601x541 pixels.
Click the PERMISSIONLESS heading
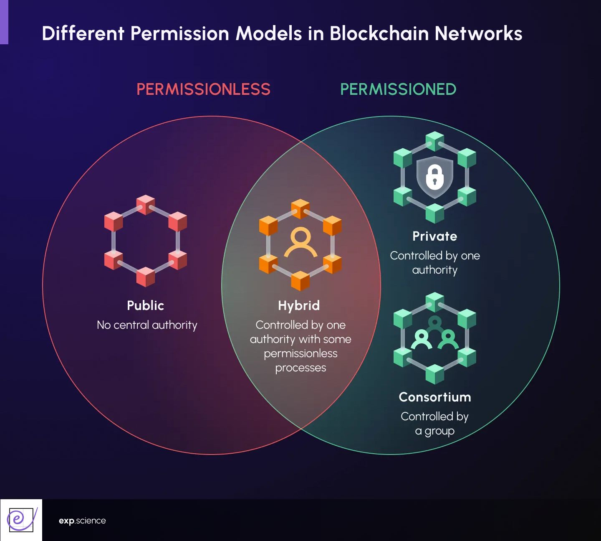(203, 89)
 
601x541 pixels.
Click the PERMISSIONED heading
(398, 89)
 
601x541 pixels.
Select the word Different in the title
(83, 33)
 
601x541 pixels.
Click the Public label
(145, 305)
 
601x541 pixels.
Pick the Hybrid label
(299, 305)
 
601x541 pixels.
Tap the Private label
(434, 236)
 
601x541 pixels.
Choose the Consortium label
(434, 397)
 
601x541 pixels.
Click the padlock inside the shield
(434, 177)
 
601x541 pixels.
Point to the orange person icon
(300, 242)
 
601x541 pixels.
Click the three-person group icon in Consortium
(434, 334)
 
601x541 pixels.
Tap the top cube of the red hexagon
(146, 204)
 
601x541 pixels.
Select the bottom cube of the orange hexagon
(300, 281)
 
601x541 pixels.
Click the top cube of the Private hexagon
(434, 141)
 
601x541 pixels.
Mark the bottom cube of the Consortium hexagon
(434, 374)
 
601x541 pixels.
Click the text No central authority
(147, 325)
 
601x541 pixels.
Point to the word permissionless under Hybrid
(300, 353)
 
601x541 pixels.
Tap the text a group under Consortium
(434, 431)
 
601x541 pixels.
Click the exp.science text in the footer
(82, 521)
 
